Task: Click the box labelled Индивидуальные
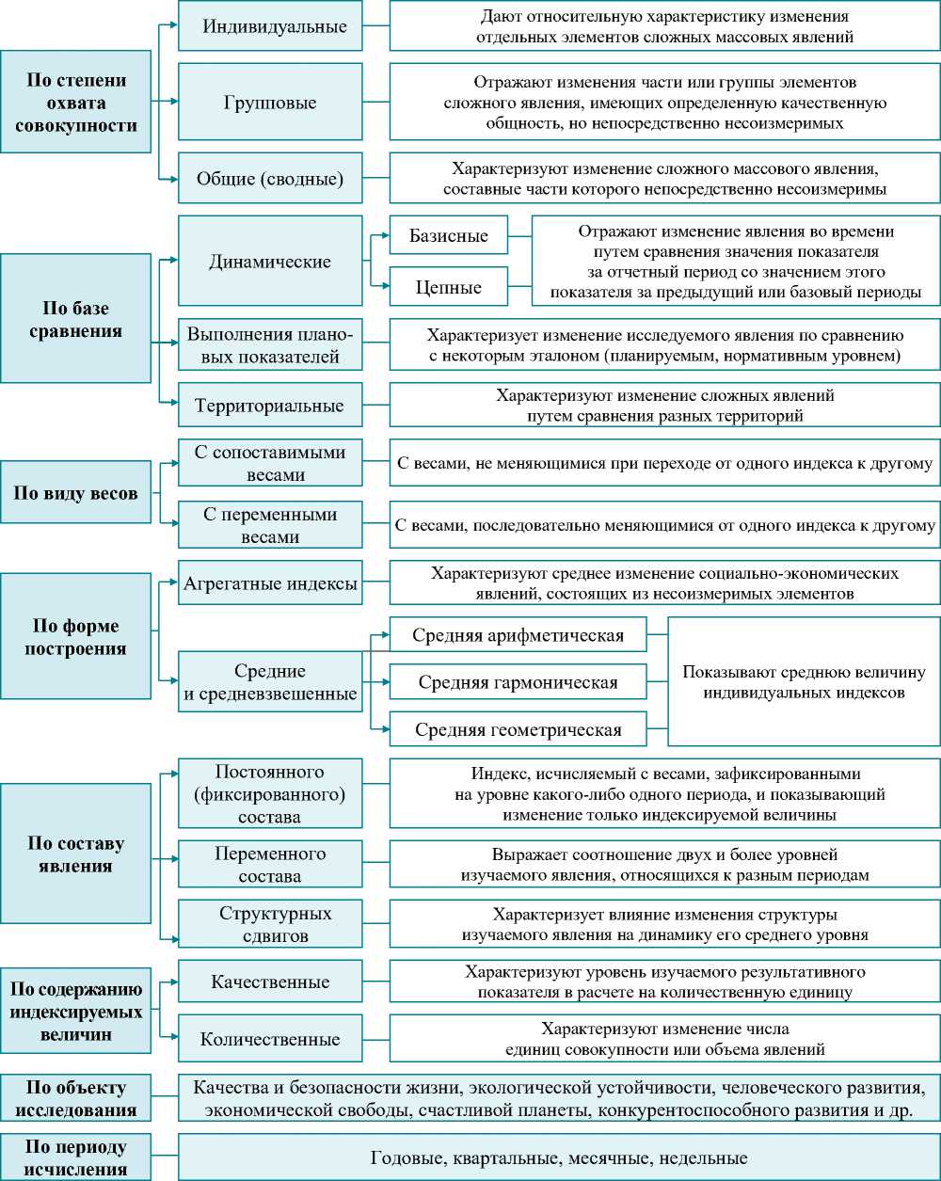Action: [270, 26]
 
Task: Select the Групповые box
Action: [270, 102]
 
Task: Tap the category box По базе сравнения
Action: [75, 319]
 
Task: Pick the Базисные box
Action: [448, 235]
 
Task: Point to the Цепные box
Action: [448, 287]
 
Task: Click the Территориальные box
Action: [270, 406]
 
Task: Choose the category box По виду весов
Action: [75, 492]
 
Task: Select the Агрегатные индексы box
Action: [270, 583]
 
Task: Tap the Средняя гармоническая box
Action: [518, 681]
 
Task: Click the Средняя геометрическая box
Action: [518, 729]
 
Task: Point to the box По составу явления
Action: [75, 854]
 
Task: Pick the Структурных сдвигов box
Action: [270, 924]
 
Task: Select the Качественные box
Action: [270, 982]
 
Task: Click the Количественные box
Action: [270, 1040]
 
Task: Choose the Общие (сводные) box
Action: [270, 178]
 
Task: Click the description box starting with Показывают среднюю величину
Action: [804, 681]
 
